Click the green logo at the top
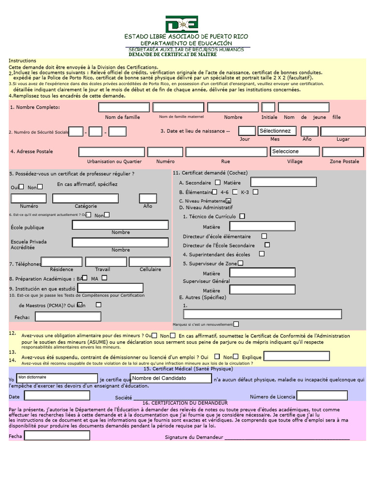click(182, 24)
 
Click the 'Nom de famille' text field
click(124, 107)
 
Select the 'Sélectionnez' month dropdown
click(277, 131)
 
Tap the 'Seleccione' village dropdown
click(295, 151)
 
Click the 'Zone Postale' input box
click(343, 152)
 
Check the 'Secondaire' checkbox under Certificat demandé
click(217, 183)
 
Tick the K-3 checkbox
click(256, 192)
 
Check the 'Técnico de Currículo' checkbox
click(242, 217)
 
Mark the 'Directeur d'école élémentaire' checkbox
click(264, 236)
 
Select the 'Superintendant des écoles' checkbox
click(262, 254)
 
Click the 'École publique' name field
click(120, 225)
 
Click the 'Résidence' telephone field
click(62, 262)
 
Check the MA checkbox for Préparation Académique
click(104, 278)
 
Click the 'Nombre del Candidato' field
click(171, 378)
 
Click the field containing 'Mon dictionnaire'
click(57, 378)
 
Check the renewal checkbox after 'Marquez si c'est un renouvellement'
click(236, 324)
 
